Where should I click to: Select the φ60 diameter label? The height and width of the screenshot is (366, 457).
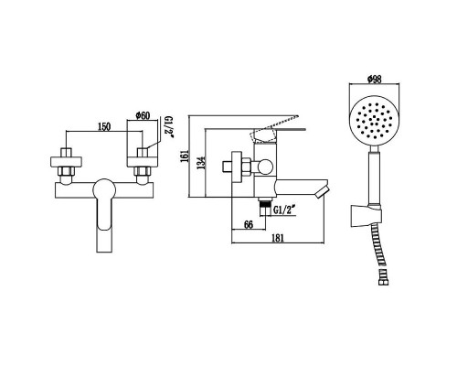click(x=143, y=115)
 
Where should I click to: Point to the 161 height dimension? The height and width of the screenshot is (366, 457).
click(x=186, y=160)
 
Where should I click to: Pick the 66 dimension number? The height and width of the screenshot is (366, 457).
click(x=248, y=222)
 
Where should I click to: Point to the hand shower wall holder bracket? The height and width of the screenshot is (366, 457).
click(x=367, y=217)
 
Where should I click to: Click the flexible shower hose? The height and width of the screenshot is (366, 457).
click(x=377, y=261)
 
